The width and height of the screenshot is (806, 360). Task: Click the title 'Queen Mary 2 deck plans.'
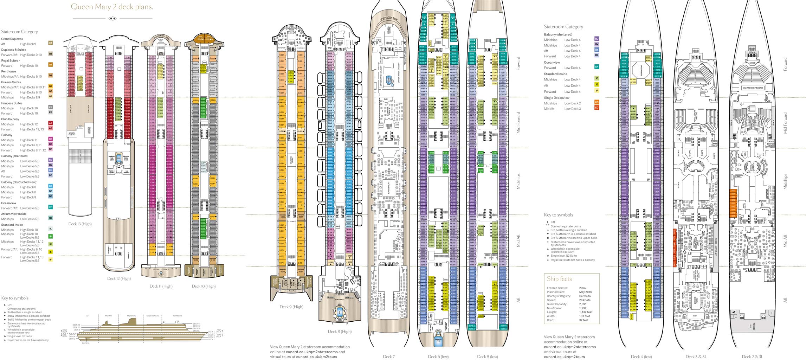click(112, 7)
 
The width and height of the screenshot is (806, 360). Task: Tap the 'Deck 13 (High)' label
click(80, 224)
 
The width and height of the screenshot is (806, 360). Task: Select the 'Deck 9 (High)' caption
click(291, 307)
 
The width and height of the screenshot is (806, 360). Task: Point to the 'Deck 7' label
click(388, 356)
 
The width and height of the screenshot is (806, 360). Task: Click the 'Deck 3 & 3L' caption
click(696, 356)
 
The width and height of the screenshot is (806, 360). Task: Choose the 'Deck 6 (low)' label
click(438, 356)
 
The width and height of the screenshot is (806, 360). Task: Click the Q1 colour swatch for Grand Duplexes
click(50, 43)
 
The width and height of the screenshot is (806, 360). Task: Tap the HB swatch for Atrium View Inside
click(50, 218)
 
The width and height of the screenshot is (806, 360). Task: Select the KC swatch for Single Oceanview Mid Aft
click(597, 108)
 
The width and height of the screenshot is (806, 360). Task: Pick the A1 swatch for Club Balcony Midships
click(50, 123)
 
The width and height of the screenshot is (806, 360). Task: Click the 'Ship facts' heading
click(559, 279)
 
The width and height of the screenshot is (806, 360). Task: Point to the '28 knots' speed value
click(585, 300)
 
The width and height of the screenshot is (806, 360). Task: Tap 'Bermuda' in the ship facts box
click(585, 296)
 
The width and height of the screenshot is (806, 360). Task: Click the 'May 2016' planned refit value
click(585, 292)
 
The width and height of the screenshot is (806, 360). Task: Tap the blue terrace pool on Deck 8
click(340, 312)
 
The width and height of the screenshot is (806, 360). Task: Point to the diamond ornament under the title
click(112, 18)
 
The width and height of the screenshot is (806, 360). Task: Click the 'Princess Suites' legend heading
click(12, 103)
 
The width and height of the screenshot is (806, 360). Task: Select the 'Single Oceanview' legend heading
click(556, 98)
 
